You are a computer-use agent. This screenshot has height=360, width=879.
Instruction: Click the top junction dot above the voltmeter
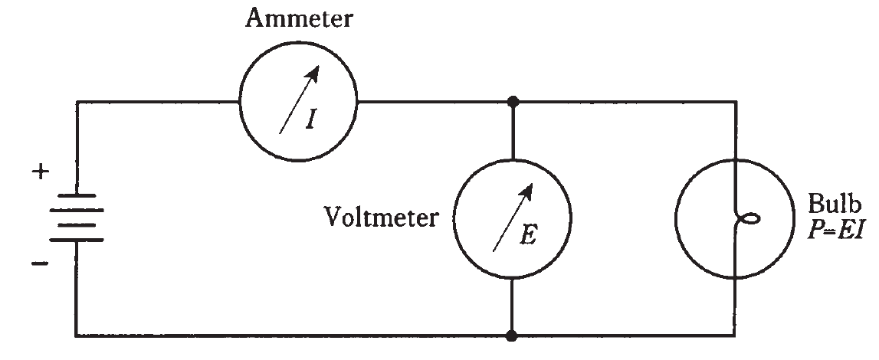pos(512,101)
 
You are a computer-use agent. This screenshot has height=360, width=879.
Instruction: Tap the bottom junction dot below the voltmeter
pos(512,335)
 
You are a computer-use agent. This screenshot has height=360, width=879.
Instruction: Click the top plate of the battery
pos(76,195)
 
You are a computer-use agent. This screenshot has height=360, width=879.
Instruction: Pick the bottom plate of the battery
pos(76,240)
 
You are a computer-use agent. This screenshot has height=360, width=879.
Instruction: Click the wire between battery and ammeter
pos(153,101)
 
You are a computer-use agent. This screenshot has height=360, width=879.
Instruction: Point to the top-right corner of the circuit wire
pos(736,101)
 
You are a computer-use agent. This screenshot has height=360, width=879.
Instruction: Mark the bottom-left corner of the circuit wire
pos(76,335)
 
